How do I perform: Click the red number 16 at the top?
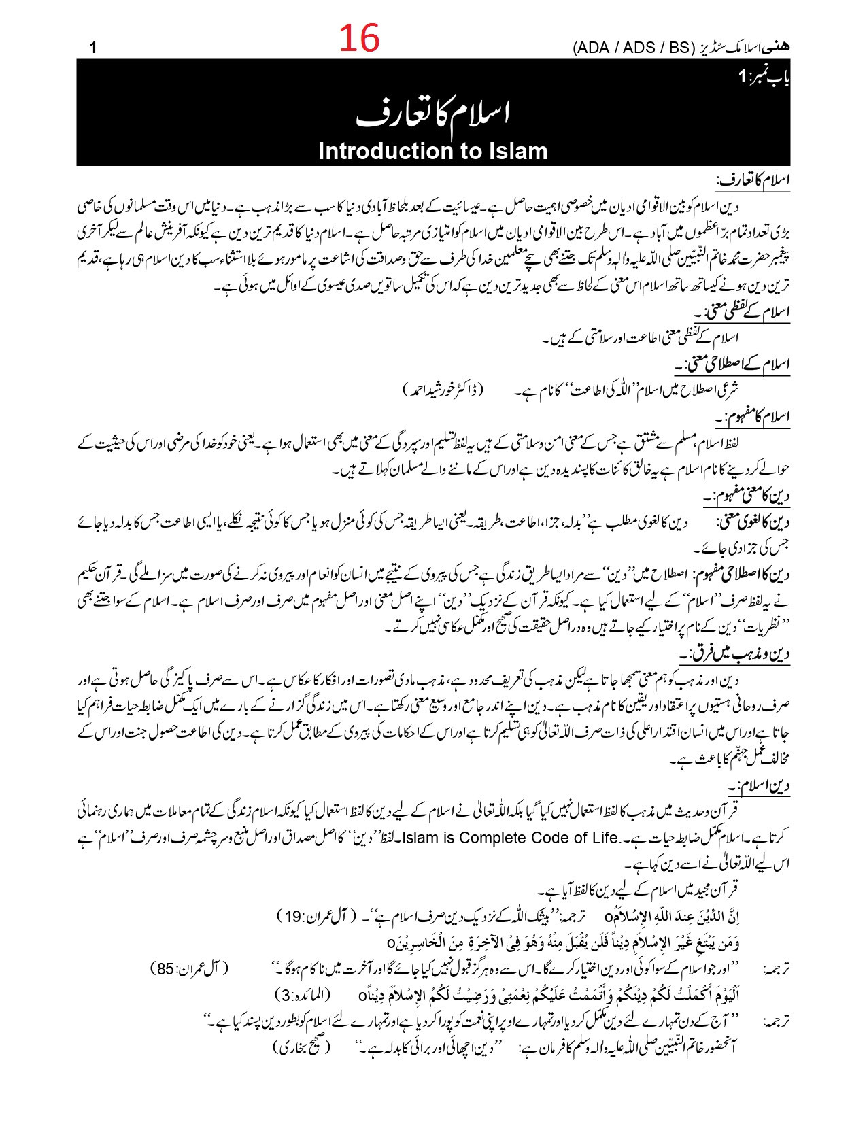pos(359,38)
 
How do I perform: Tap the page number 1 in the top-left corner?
pos(93,48)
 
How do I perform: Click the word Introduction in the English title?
pos(386,151)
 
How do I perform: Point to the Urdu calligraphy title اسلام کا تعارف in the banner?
pos(433,113)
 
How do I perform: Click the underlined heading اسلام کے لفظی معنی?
pos(743,312)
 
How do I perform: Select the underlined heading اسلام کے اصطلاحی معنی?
pos(733,364)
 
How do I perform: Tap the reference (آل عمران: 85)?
pos(190,968)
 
